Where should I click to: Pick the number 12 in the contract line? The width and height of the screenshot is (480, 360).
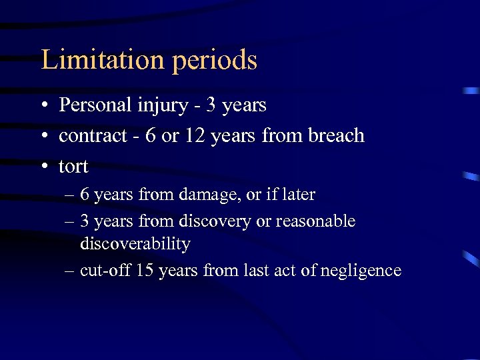pyautogui.click(x=195, y=135)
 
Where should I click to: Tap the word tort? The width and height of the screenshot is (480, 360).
pyautogui.click(x=73, y=166)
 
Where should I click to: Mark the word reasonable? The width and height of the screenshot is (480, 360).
pyautogui.click(x=315, y=221)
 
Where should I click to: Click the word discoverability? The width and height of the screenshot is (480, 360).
pyautogui.click(x=135, y=245)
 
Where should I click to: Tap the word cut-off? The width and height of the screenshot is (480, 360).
pyautogui.click(x=103, y=270)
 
